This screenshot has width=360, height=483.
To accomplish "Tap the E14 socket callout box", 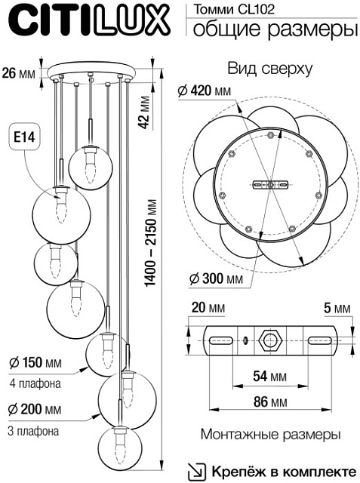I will click(26, 138).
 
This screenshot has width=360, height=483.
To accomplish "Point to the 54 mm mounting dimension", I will click(269, 375).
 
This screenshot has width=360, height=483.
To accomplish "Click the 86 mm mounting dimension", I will click(269, 403).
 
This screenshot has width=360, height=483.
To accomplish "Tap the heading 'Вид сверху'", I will click(269, 69).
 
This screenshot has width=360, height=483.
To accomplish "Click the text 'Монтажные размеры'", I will click(270, 435).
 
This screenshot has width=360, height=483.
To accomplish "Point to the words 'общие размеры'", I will click(273, 29).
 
